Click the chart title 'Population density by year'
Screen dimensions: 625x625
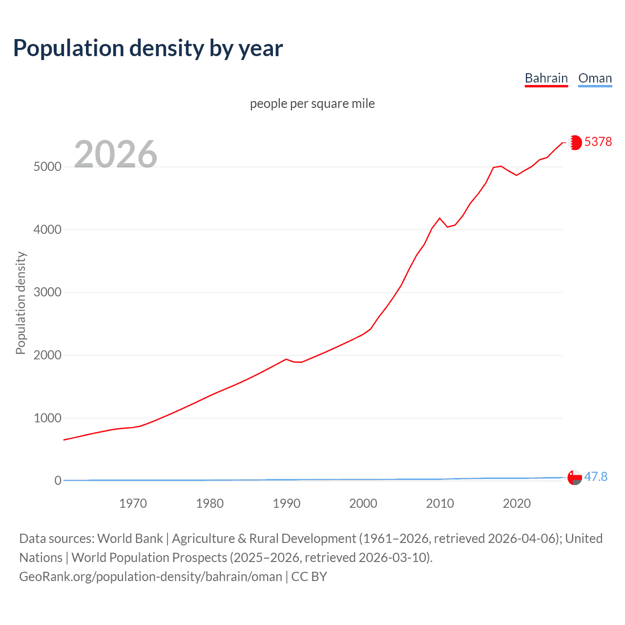(148, 48)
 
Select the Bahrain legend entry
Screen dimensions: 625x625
(546, 78)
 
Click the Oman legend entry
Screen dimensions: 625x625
(595, 78)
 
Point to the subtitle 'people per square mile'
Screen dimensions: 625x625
(312, 104)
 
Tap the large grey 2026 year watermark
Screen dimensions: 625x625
(116, 154)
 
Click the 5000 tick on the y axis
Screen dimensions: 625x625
(47, 167)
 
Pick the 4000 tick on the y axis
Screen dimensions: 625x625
(47, 229)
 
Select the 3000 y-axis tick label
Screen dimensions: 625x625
(47, 292)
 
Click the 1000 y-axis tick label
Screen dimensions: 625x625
(47, 418)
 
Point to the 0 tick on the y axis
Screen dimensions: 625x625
(58, 480)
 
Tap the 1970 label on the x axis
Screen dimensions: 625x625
(133, 503)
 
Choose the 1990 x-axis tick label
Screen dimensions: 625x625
(287, 503)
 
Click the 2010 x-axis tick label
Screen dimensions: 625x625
(440, 503)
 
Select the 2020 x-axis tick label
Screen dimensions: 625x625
(517, 503)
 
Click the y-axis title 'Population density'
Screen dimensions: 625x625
(21, 303)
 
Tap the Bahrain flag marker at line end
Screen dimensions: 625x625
(575, 143)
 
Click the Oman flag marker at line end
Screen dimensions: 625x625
(575, 478)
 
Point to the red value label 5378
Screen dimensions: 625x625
(598, 142)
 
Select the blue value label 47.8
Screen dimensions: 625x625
(596, 477)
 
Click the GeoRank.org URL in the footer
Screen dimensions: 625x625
(150, 577)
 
